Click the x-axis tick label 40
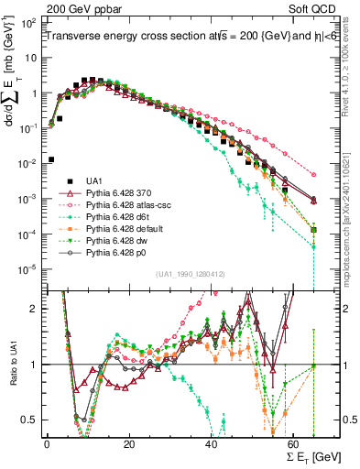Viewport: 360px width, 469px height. point(211,444)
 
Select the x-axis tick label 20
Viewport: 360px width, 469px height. point(128,444)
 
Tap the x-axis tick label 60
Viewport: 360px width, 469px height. point(293,444)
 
